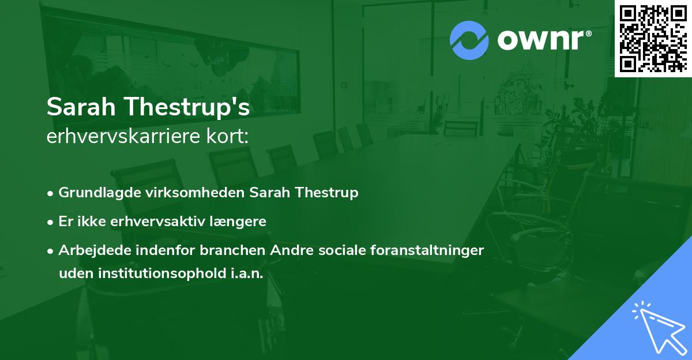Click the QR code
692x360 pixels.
pos(653,38)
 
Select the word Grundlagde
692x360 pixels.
pos(94,193)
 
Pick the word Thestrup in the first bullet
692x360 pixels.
pos(327,193)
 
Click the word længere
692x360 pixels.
pos(242,222)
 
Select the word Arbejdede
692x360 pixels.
pos(89,250)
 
